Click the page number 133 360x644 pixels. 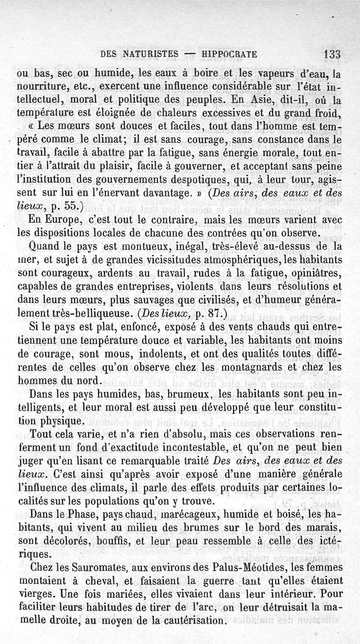[331, 54]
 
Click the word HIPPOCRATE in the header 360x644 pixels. [229, 55]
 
